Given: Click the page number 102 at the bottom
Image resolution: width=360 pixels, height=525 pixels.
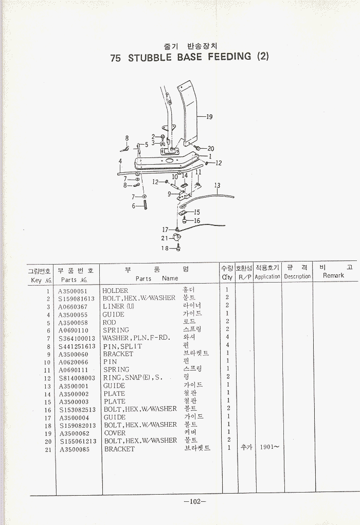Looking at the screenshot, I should pyautogui.click(x=194, y=502).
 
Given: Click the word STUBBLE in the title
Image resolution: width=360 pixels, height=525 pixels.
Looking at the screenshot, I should pyautogui.click(x=150, y=58).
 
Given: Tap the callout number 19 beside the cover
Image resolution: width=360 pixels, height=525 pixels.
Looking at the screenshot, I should pyautogui.click(x=209, y=117).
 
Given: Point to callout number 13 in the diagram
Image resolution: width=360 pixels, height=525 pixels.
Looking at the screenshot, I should pyautogui.click(x=217, y=186).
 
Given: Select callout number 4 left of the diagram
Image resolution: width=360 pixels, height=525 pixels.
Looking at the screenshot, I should pyautogui.click(x=120, y=161).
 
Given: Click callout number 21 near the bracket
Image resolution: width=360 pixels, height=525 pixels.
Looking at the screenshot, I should pyautogui.click(x=165, y=238).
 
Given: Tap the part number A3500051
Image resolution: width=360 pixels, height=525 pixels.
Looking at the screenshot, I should pyautogui.click(x=73, y=291).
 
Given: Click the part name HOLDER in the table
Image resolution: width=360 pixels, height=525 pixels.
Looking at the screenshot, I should pyautogui.click(x=115, y=291).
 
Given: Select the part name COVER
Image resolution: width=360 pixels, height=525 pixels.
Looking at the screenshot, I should pyautogui.click(x=115, y=433).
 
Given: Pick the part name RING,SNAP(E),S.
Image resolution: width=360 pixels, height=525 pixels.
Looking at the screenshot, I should pyautogui.click(x=133, y=378).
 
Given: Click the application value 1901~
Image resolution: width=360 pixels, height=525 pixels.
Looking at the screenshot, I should pyautogui.click(x=269, y=448).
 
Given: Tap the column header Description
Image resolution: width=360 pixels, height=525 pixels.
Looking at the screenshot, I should pyautogui.click(x=297, y=276).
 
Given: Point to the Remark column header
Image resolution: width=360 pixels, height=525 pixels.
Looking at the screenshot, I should pyautogui.click(x=333, y=276).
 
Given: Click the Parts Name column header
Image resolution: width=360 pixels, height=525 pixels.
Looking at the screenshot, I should pyautogui.click(x=157, y=278).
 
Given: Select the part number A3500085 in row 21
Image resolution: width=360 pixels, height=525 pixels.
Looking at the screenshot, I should pyautogui.click(x=74, y=449).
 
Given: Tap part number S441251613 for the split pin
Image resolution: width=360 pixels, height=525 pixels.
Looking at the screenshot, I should pyautogui.click(x=77, y=346).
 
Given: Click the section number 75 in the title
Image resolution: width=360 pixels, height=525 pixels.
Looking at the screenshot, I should pyautogui.click(x=116, y=58).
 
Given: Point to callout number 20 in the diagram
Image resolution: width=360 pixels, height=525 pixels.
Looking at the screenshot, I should pyautogui.click(x=211, y=149).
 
